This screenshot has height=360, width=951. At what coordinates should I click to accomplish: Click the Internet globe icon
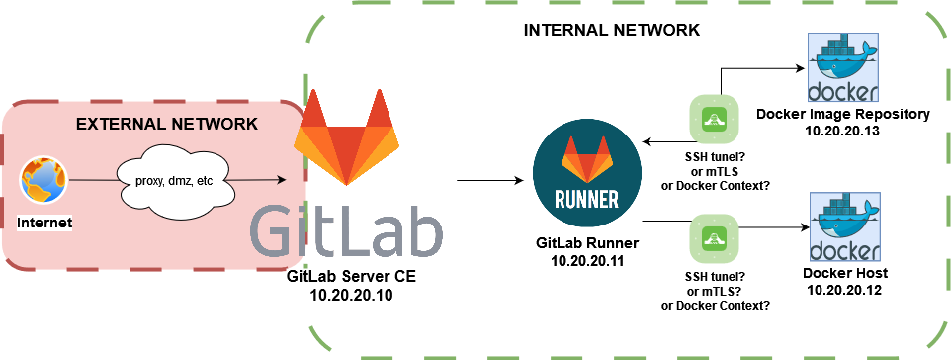[x=44, y=184]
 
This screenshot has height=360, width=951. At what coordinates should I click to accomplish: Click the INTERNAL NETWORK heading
[x=611, y=31]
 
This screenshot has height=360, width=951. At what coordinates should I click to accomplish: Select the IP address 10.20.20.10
[x=350, y=295]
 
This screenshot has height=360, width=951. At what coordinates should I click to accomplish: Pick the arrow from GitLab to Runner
[x=488, y=181]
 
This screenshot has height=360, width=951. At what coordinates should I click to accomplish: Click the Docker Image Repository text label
[x=843, y=114]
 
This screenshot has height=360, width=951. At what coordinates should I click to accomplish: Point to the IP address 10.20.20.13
[x=843, y=132]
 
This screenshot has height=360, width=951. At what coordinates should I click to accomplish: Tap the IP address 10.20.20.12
[x=843, y=291]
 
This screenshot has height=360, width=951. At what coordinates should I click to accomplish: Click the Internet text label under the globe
[x=45, y=224]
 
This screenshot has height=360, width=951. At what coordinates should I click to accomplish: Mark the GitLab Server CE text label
[x=350, y=277]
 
